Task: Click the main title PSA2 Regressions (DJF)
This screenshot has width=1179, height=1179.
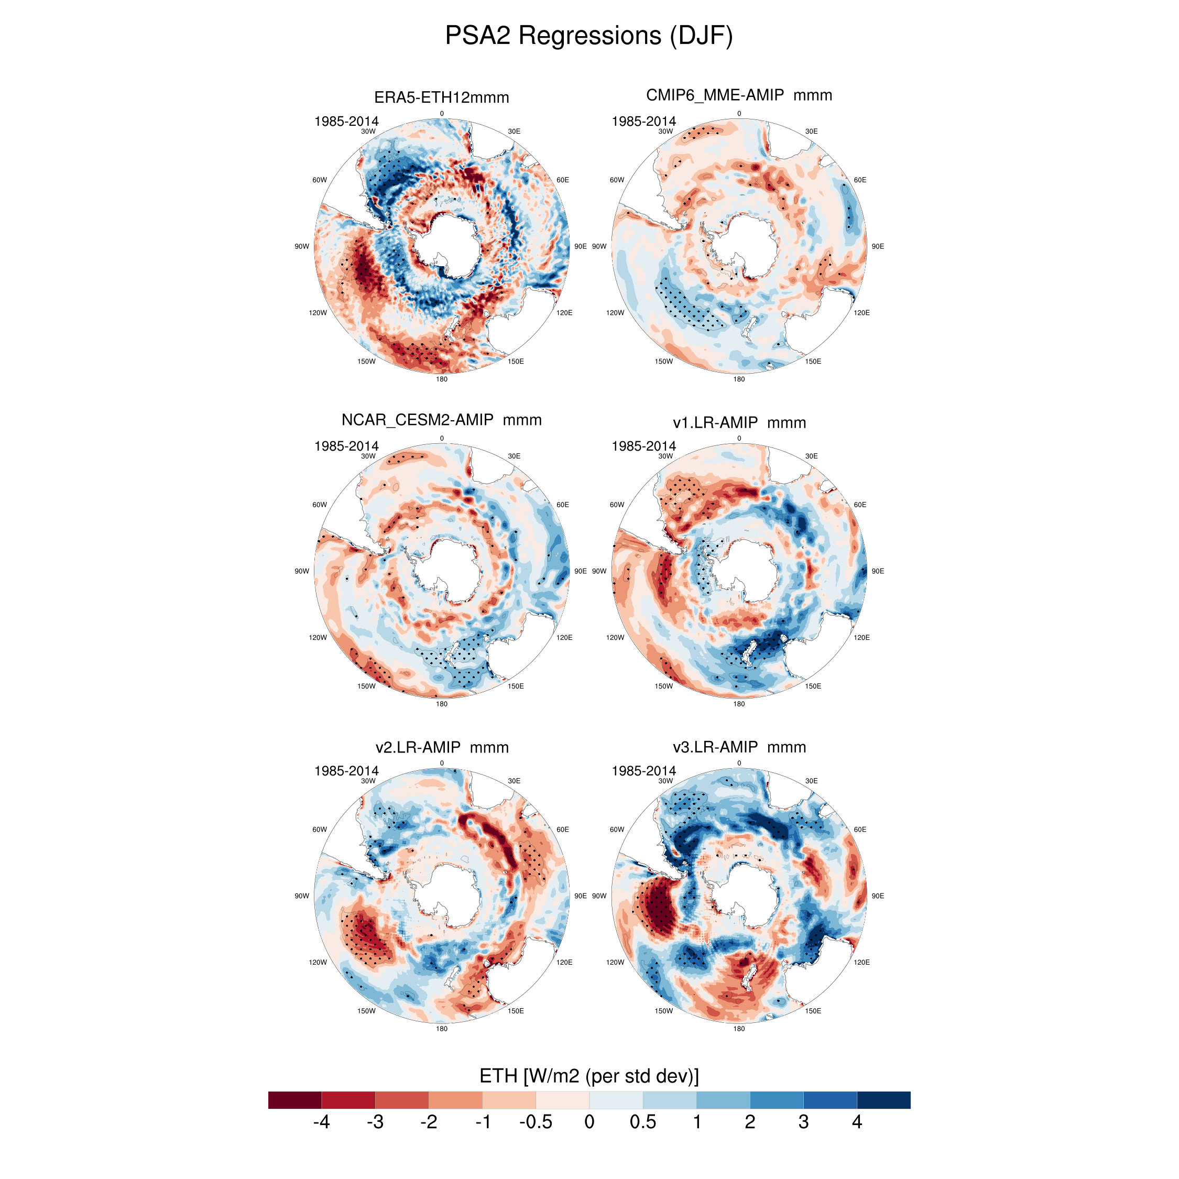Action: tap(589, 36)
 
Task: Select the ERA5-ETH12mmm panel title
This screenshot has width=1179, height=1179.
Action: tap(441, 97)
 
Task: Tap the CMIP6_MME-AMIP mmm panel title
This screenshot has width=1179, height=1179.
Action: tap(739, 95)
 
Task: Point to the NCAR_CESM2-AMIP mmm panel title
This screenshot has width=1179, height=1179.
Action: tap(441, 420)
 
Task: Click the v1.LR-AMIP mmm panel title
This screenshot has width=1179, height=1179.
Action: tap(739, 422)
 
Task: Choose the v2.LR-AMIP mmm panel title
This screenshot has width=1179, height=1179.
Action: tap(442, 747)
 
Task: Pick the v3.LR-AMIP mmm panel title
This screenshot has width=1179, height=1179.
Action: tap(739, 747)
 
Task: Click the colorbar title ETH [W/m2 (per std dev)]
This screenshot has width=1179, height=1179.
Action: tap(589, 1076)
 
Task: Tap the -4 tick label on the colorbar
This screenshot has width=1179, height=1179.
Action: tap(321, 1122)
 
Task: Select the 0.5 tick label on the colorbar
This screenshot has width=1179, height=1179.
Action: tap(642, 1122)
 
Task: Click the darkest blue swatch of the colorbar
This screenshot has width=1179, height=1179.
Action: tap(883, 1100)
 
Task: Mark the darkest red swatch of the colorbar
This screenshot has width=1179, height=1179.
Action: tap(294, 1100)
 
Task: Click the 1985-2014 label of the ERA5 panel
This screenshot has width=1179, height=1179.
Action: tap(346, 121)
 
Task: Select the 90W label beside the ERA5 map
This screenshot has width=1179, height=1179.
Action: tap(301, 246)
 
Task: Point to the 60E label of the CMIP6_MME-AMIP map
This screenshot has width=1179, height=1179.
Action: tap(860, 180)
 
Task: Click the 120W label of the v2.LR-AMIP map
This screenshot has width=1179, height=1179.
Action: tap(318, 963)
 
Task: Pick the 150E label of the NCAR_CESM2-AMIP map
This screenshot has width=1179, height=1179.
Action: tap(516, 686)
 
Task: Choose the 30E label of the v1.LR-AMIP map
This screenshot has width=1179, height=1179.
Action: tap(811, 456)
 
